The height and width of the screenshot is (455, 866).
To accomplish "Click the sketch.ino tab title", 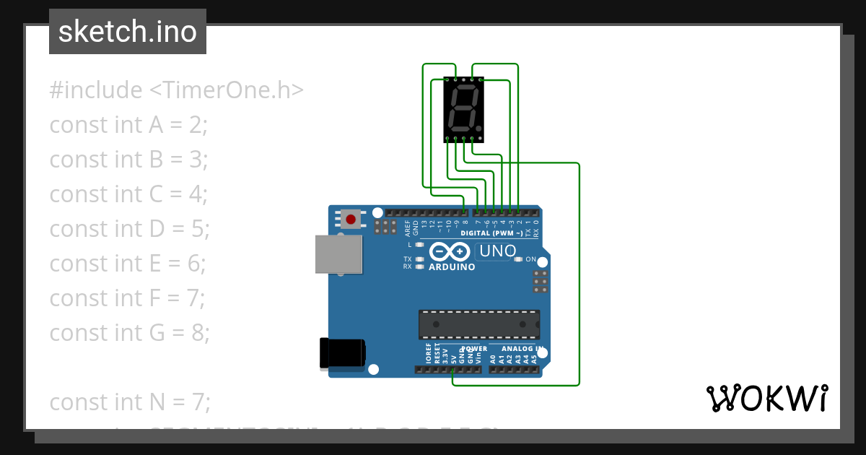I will click(x=127, y=32).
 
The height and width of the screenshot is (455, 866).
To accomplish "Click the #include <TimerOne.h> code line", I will click(x=176, y=90).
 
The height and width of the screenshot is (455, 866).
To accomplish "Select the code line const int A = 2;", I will click(x=128, y=125).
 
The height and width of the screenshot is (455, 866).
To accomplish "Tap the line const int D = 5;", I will click(x=129, y=229).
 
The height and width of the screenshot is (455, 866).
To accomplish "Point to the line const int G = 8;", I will click(x=129, y=333).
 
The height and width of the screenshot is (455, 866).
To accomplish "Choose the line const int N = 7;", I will click(x=129, y=402).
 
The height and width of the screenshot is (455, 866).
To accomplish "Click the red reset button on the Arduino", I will click(x=351, y=219).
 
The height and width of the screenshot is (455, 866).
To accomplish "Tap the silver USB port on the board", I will click(x=338, y=254).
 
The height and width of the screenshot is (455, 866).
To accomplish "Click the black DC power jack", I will click(x=342, y=353).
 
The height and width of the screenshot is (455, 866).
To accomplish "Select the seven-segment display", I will click(x=463, y=109).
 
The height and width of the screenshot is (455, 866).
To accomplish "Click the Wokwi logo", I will click(x=767, y=398).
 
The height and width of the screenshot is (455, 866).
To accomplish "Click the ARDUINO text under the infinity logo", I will click(x=452, y=267).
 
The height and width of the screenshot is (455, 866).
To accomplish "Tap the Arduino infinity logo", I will click(x=451, y=251).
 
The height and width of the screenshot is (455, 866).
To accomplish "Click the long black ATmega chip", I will click(x=479, y=324).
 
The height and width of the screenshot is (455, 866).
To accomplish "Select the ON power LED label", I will click(x=530, y=259).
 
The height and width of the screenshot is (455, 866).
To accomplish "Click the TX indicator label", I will click(x=407, y=259).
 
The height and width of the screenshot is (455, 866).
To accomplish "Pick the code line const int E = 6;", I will click(x=128, y=264).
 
